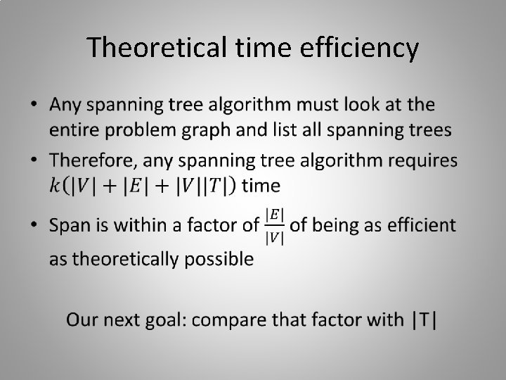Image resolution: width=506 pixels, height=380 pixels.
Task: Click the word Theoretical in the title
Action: [x=157, y=49]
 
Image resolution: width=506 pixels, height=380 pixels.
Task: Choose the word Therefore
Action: [x=93, y=162]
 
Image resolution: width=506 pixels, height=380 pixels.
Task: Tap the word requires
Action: [x=417, y=162]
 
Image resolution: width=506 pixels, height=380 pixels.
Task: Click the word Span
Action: [x=68, y=226]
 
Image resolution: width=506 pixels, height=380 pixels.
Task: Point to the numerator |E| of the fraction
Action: [x=274, y=214]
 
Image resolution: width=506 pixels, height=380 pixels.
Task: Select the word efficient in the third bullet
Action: [x=421, y=226]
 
